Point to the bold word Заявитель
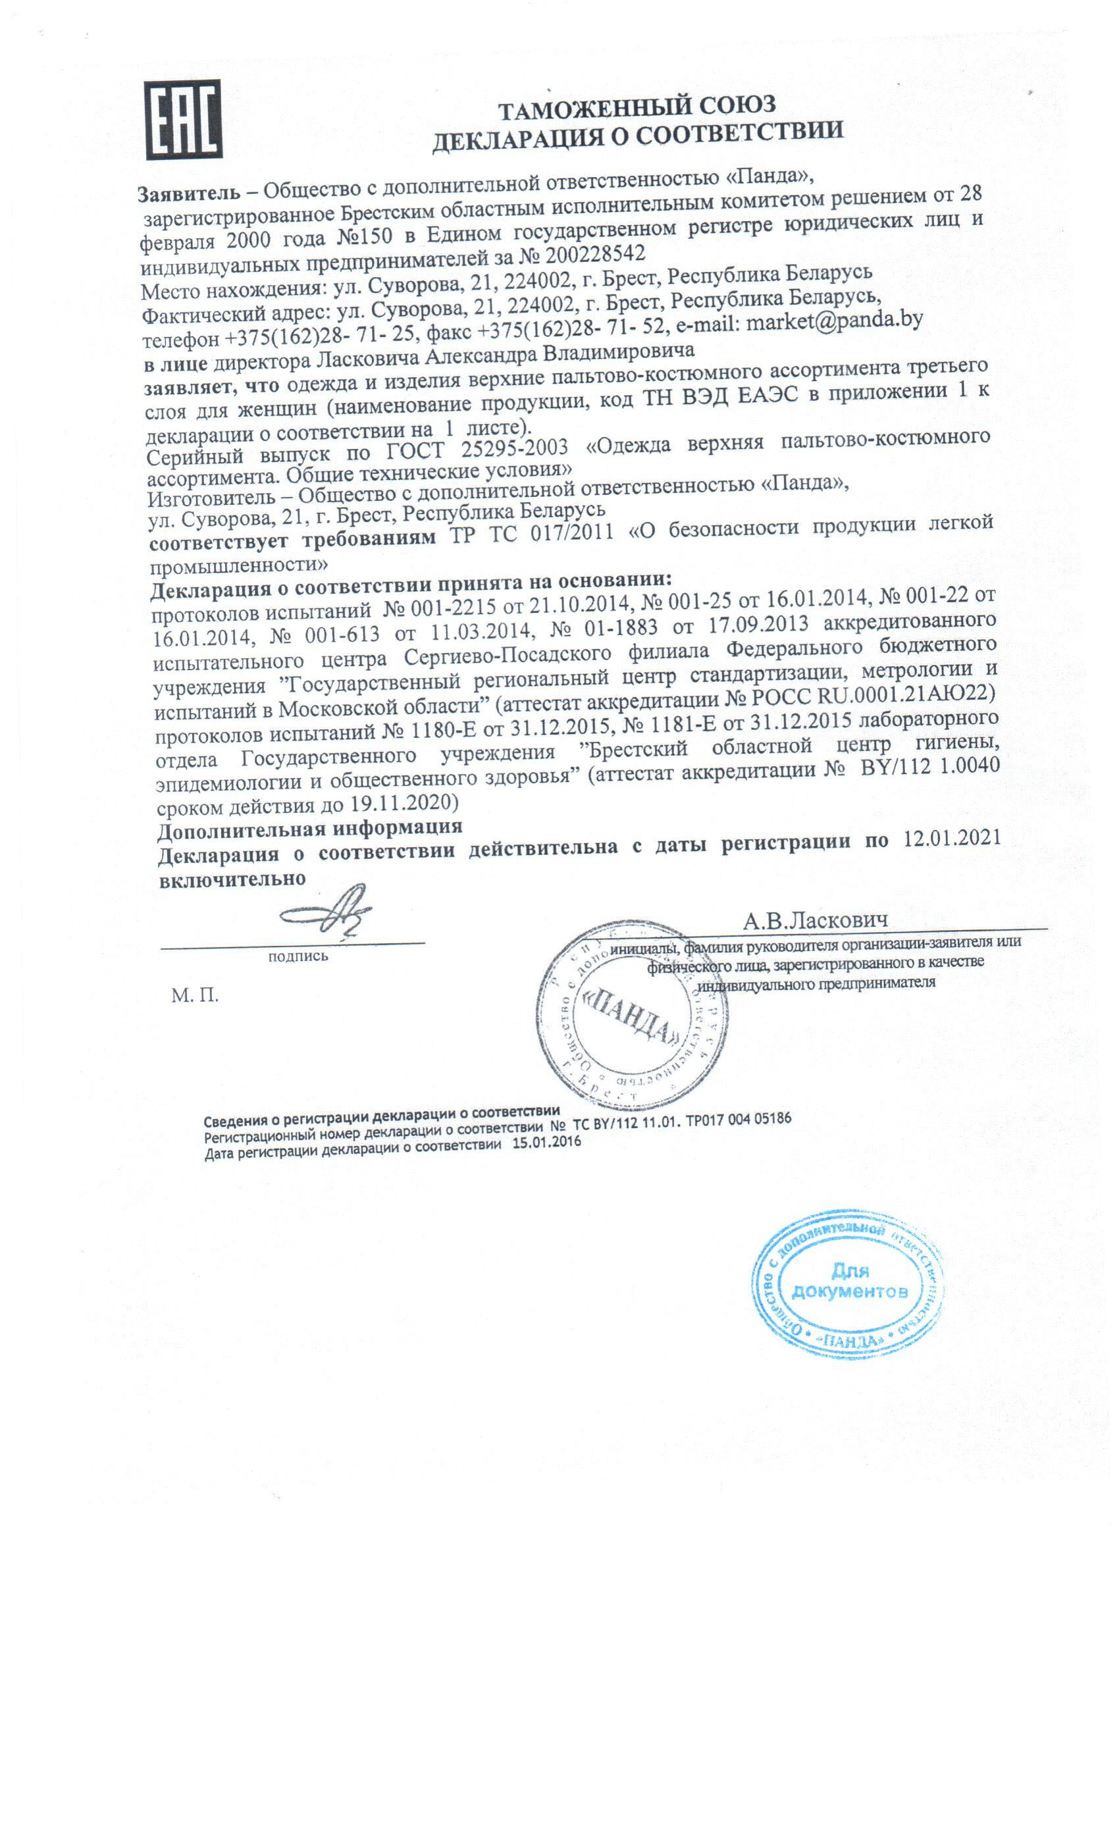[188, 192]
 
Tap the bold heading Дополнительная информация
[309, 828]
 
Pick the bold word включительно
[232, 878]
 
